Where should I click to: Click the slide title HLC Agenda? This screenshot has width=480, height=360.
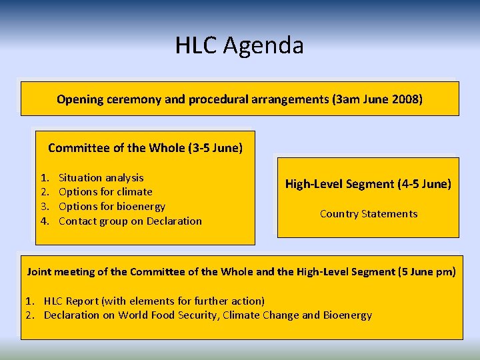[239, 45]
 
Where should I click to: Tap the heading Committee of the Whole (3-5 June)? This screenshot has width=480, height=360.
[145, 147]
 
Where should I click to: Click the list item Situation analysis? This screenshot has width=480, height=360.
[101, 177]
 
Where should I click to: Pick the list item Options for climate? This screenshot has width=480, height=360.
[105, 192]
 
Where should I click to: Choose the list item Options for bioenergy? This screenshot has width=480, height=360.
[111, 207]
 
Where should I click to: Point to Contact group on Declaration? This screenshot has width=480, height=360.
[130, 221]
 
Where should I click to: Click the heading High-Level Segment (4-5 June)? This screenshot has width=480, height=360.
[368, 183]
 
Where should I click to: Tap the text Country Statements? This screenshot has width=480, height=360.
[369, 214]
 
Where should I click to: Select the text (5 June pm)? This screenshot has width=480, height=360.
[427, 271]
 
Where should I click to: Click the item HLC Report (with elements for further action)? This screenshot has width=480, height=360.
[154, 301]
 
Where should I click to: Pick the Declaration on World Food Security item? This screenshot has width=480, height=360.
[207, 315]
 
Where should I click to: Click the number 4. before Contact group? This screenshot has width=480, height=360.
[45, 221]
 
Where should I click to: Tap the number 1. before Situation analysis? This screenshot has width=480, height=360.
[45, 177]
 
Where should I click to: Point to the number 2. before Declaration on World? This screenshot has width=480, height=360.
[31, 315]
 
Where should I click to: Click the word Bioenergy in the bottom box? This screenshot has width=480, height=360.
[347, 315]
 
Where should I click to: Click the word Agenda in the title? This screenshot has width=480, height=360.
[263, 45]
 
